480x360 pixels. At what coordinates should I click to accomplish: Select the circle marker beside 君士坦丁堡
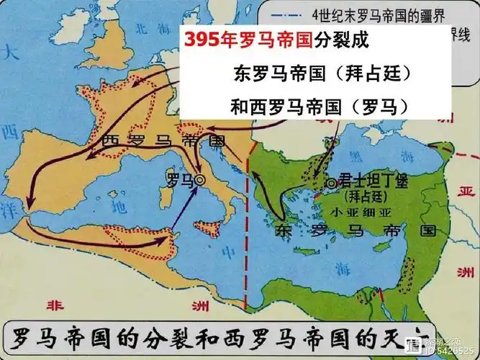330,183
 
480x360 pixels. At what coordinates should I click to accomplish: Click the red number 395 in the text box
199,40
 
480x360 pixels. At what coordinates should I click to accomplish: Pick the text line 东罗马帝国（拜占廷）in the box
322,73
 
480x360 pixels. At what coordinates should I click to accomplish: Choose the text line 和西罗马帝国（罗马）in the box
322,106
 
